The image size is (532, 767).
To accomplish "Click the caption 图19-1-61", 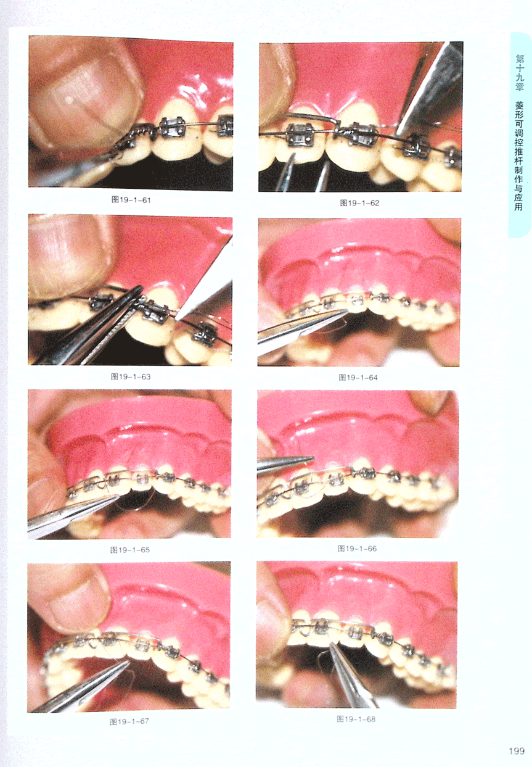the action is click(131, 200).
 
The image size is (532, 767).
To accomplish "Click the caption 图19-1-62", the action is click(359, 203).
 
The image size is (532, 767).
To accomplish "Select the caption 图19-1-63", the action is click(131, 376).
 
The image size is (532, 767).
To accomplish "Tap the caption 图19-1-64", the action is click(358, 378).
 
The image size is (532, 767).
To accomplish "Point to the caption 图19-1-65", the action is click(130, 550).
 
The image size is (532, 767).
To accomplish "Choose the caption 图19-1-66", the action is click(357, 549).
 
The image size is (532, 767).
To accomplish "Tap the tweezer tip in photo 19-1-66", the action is click(312, 458).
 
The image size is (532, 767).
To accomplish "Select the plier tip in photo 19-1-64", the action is click(346, 311).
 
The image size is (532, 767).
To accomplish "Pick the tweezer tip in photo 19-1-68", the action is click(330, 644).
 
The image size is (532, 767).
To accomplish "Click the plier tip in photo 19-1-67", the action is click(128, 662).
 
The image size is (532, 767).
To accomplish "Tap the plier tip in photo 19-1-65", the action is click(118, 495).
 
